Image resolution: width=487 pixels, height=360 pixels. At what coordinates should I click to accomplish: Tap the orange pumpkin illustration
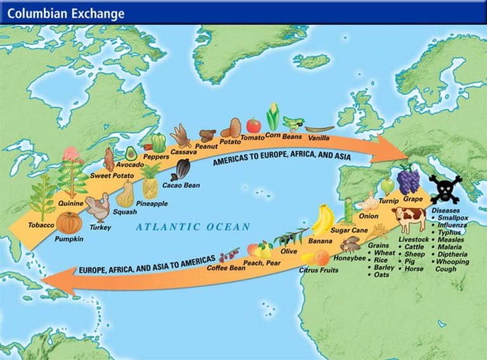click(69, 223)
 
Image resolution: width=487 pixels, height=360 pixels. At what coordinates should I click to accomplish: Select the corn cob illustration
click(273, 117)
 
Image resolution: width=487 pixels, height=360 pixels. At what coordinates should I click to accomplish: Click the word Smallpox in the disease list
click(453, 217)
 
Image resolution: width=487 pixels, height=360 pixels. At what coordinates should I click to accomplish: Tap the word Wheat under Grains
click(384, 252)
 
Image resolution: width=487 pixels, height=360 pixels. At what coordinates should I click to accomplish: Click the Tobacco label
click(41, 225)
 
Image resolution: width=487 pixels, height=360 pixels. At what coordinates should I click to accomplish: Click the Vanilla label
click(320, 137)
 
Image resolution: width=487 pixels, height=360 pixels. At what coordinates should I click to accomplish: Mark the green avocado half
click(131, 152)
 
